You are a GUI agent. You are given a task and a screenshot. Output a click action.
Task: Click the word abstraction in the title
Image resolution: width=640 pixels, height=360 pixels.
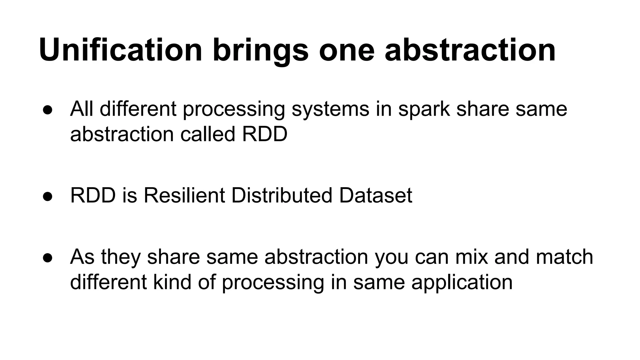(x=470, y=50)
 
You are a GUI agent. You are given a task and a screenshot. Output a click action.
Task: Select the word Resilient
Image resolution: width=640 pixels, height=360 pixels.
(x=184, y=195)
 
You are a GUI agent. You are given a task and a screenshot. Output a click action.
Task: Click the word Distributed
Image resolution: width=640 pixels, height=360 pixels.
(x=282, y=195)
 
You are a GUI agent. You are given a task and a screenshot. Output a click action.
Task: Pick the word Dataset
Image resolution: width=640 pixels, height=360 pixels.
(x=375, y=195)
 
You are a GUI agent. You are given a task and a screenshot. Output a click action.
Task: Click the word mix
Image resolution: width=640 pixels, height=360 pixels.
(x=471, y=257)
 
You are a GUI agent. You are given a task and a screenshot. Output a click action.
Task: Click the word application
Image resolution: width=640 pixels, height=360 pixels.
(x=462, y=282)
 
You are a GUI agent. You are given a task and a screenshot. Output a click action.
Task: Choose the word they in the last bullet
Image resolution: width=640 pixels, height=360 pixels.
(x=120, y=257)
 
